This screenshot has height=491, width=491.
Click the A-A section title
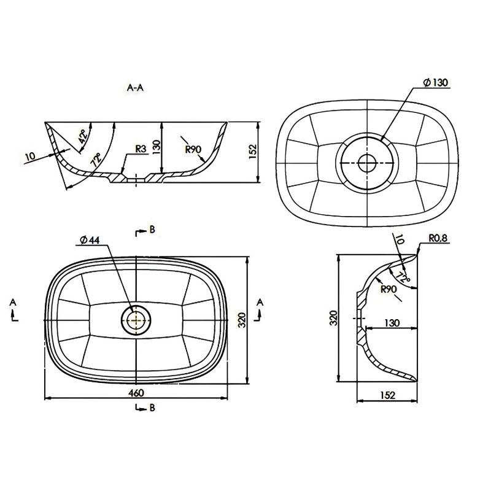(135, 88)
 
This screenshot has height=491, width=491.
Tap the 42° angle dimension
(83, 136)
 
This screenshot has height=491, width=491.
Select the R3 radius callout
(141, 149)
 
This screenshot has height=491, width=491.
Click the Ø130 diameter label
(436, 82)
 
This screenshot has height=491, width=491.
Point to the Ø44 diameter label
(90, 240)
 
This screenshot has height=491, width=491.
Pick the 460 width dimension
(136, 392)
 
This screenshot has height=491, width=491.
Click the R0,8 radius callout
(438, 239)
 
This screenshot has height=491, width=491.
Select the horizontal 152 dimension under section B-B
(388, 395)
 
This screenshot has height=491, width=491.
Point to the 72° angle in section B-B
(403, 277)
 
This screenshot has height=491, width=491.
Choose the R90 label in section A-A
(193, 149)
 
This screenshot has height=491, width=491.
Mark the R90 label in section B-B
(389, 289)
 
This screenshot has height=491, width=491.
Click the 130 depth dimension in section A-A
(157, 147)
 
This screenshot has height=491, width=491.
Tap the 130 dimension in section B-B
(392, 323)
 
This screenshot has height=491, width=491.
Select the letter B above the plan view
(152, 230)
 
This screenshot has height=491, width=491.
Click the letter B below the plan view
(152, 408)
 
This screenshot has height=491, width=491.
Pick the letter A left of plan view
(13, 302)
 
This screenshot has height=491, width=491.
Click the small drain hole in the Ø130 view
(366, 163)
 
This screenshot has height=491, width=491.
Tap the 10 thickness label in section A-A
(30, 156)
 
